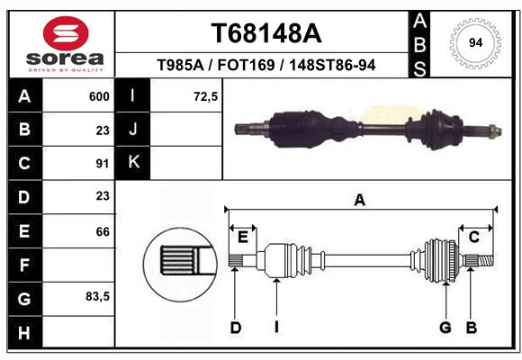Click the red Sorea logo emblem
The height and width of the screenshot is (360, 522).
(x=66, y=33)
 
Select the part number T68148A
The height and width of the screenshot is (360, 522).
(x=266, y=33)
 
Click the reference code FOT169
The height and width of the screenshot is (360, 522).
(x=246, y=65)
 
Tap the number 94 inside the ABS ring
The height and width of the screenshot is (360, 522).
(x=475, y=43)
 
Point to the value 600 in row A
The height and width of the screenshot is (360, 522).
(x=99, y=96)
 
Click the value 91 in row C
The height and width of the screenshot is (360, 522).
(x=103, y=164)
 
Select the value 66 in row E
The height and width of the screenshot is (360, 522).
(x=103, y=231)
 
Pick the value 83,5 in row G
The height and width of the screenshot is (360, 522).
(x=97, y=296)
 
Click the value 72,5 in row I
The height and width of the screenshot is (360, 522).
(x=205, y=96)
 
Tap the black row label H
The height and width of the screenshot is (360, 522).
(x=24, y=333)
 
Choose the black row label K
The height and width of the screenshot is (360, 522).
(x=133, y=163)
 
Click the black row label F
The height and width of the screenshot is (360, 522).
(x=24, y=265)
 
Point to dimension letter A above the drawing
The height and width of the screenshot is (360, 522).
(x=359, y=201)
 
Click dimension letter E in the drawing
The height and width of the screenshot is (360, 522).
(x=243, y=238)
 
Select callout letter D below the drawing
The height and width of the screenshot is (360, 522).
(x=236, y=328)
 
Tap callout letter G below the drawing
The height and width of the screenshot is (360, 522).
(x=445, y=328)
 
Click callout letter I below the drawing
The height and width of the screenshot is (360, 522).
(x=276, y=328)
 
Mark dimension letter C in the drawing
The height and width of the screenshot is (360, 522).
(x=473, y=238)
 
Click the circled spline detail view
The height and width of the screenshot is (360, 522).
(x=180, y=264)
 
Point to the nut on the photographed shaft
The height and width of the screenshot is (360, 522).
(x=496, y=130)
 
